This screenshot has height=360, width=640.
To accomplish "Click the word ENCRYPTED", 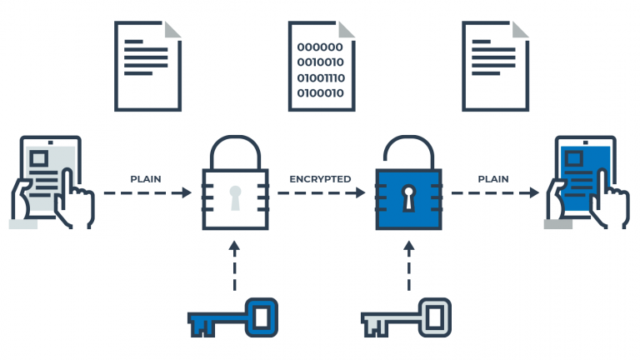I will [x=320, y=179].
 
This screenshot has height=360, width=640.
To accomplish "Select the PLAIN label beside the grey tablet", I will [x=145, y=179].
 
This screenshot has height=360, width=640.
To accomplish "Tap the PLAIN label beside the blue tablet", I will [x=494, y=179].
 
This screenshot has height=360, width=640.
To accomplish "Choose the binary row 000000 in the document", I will [x=319, y=47].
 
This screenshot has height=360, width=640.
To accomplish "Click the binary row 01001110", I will [x=321, y=78].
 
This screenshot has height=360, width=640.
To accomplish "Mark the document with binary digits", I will [x=322, y=66].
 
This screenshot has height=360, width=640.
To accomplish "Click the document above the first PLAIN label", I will [x=147, y=66].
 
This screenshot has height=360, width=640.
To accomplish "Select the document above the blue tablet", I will [x=496, y=66].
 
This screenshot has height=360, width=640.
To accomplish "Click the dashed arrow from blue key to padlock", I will [x=235, y=267].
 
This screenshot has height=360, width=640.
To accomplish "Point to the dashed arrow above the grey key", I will [x=408, y=267].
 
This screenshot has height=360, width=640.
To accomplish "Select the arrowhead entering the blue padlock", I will [x=360, y=193].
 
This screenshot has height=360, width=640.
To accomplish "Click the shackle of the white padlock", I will [x=235, y=146].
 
